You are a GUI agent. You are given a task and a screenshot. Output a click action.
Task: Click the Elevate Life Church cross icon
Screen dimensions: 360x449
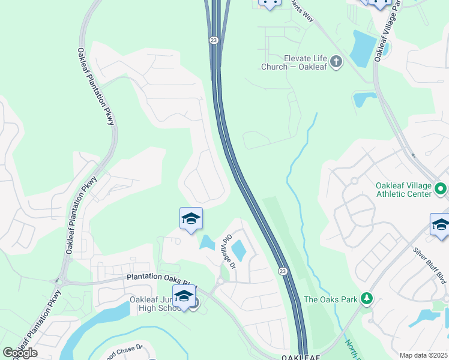pos(336,61)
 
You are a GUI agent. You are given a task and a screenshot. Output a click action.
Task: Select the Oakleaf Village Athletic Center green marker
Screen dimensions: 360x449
pos(441,190)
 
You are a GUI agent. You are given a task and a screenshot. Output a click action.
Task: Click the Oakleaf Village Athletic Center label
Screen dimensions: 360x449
pos(404,190)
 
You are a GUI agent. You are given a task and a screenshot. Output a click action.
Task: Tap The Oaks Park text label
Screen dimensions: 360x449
pos(331,299)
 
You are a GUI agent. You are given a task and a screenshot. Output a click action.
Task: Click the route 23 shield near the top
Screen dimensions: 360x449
pos(214,40)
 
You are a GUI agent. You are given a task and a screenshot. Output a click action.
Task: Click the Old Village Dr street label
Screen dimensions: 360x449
pos(229,250)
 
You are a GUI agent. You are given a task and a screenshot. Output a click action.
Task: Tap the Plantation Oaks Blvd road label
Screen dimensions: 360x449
pos(158,279)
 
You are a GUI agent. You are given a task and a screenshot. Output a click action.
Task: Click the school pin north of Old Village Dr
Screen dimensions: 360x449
pos(191,219)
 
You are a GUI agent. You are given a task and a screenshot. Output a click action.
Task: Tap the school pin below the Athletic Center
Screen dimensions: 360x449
pos(441,226)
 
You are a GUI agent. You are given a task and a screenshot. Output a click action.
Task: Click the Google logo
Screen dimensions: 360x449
pos(19,353)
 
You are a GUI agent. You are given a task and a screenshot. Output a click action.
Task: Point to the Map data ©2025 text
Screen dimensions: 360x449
pos(423,355)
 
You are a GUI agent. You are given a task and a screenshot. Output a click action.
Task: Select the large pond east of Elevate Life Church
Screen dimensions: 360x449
pos(363,49)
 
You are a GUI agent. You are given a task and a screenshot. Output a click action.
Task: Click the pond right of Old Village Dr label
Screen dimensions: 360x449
pos(238,250)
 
